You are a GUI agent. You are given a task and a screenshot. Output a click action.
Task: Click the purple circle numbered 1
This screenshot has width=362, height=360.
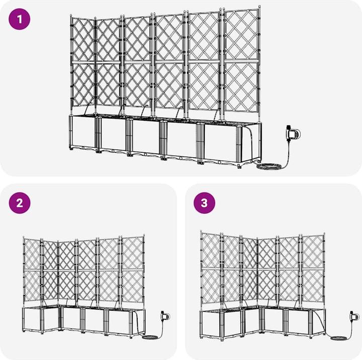pyautogui.click(x=20, y=19)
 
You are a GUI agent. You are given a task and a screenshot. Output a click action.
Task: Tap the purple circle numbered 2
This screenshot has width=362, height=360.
pyautogui.click(x=20, y=203)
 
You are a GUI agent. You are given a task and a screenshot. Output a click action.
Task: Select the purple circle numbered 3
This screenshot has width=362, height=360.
pyautogui.click(x=204, y=203)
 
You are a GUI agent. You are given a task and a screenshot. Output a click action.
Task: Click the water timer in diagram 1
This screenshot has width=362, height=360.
pyautogui.click(x=293, y=134)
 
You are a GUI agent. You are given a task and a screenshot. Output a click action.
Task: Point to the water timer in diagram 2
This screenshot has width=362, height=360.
pyautogui.click(x=165, y=316)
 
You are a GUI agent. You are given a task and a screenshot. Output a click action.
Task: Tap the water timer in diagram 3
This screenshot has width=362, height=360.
pyautogui.click(x=354, y=316)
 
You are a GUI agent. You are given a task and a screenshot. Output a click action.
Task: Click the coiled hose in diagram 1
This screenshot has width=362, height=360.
pyautogui.click(x=269, y=166)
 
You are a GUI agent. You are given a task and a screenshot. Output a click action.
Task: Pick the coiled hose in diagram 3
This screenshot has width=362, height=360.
pyautogui.click(x=339, y=338)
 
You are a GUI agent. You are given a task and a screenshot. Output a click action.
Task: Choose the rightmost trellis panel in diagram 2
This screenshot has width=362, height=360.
pyautogui.click(x=133, y=269)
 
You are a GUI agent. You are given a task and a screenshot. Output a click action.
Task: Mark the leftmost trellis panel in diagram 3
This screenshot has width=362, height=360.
pyautogui.click(x=211, y=268)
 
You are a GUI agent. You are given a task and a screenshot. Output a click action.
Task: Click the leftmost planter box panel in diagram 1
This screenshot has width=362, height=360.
pyautogui.click(x=82, y=132)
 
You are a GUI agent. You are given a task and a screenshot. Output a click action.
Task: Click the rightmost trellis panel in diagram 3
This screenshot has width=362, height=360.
pyautogui.click(x=313, y=269)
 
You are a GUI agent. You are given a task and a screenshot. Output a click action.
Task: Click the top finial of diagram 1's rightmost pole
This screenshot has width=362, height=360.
pyautogui.click(x=259, y=7)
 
